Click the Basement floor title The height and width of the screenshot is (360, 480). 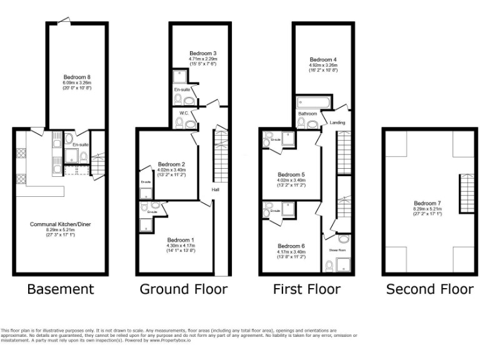click(60, 289)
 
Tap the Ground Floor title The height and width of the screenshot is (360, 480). click(183, 289)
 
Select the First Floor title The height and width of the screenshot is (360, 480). click(306, 289)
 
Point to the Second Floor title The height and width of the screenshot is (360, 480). click(430, 289)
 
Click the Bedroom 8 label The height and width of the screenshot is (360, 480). click(76, 77)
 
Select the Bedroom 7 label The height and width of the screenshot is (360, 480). click(427, 202)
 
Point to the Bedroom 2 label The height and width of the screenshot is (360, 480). click(171, 164)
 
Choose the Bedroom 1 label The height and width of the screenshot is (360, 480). click(180, 240)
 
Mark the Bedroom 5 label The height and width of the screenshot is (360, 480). click(291, 174)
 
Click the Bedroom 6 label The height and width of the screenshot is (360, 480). click(291, 246)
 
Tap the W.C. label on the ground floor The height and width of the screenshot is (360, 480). click(184, 113)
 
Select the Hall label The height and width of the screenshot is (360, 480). click(215, 189)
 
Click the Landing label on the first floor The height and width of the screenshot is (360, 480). click(337, 122)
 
